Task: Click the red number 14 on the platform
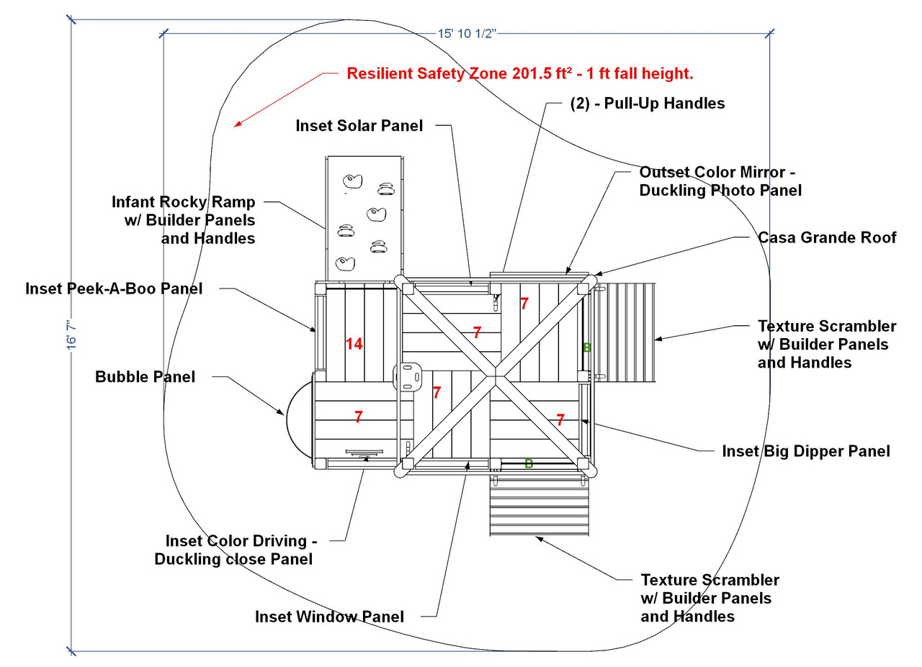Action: (x=354, y=344)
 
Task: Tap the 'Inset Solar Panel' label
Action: (x=359, y=125)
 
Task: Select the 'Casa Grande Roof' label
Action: (x=827, y=237)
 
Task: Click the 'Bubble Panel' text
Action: (x=145, y=377)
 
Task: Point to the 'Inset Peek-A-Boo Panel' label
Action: (x=114, y=289)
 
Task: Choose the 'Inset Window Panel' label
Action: (x=329, y=617)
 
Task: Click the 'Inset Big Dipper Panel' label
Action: (x=806, y=451)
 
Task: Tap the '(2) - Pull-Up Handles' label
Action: (x=647, y=103)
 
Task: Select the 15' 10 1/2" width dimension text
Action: (x=467, y=34)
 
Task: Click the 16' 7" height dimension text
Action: (x=72, y=335)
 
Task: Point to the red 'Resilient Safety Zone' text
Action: (x=519, y=73)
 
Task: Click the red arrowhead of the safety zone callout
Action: (x=236, y=124)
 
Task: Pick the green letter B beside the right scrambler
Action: (x=586, y=348)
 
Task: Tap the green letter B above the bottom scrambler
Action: (x=529, y=463)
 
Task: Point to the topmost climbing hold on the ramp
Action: (x=352, y=181)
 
